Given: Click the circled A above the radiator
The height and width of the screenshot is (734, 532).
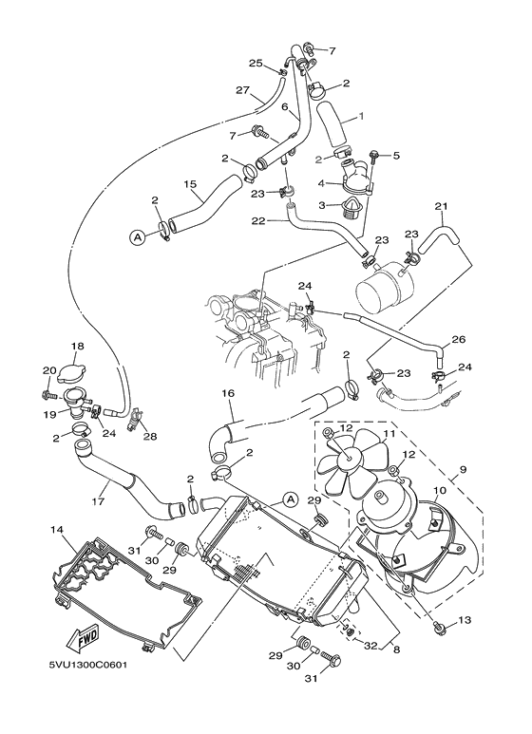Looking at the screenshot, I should coord(291,498).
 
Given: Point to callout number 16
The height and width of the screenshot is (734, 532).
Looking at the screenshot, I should coord(227,392).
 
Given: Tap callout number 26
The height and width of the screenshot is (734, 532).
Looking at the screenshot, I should coord(457,340).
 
